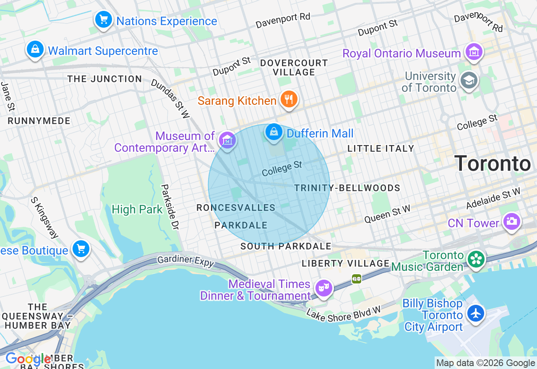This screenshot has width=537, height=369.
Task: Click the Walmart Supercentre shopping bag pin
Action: (35, 50)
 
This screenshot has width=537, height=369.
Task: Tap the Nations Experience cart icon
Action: (103, 20)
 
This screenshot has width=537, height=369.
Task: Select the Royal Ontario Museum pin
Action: (474, 52)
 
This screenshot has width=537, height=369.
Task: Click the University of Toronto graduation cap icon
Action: (469, 81)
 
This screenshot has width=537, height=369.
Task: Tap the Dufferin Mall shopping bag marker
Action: (274, 133)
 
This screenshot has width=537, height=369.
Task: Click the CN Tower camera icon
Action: (511, 222)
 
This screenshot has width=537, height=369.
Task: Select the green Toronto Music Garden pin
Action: (476, 259)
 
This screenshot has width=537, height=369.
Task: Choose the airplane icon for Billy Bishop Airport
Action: (476, 314)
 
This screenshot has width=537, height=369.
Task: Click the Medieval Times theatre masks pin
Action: (323, 288)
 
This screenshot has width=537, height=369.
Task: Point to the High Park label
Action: (137, 209)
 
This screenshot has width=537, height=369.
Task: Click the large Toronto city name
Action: (493, 164)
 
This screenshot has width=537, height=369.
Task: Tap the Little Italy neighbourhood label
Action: (381, 148)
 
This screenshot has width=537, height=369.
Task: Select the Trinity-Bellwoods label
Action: (347, 188)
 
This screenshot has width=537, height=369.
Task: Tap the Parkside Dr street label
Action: (170, 207)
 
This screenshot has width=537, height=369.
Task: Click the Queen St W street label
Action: (387, 214)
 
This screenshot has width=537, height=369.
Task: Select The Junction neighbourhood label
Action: (104, 79)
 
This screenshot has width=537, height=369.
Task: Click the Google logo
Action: (28, 359)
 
